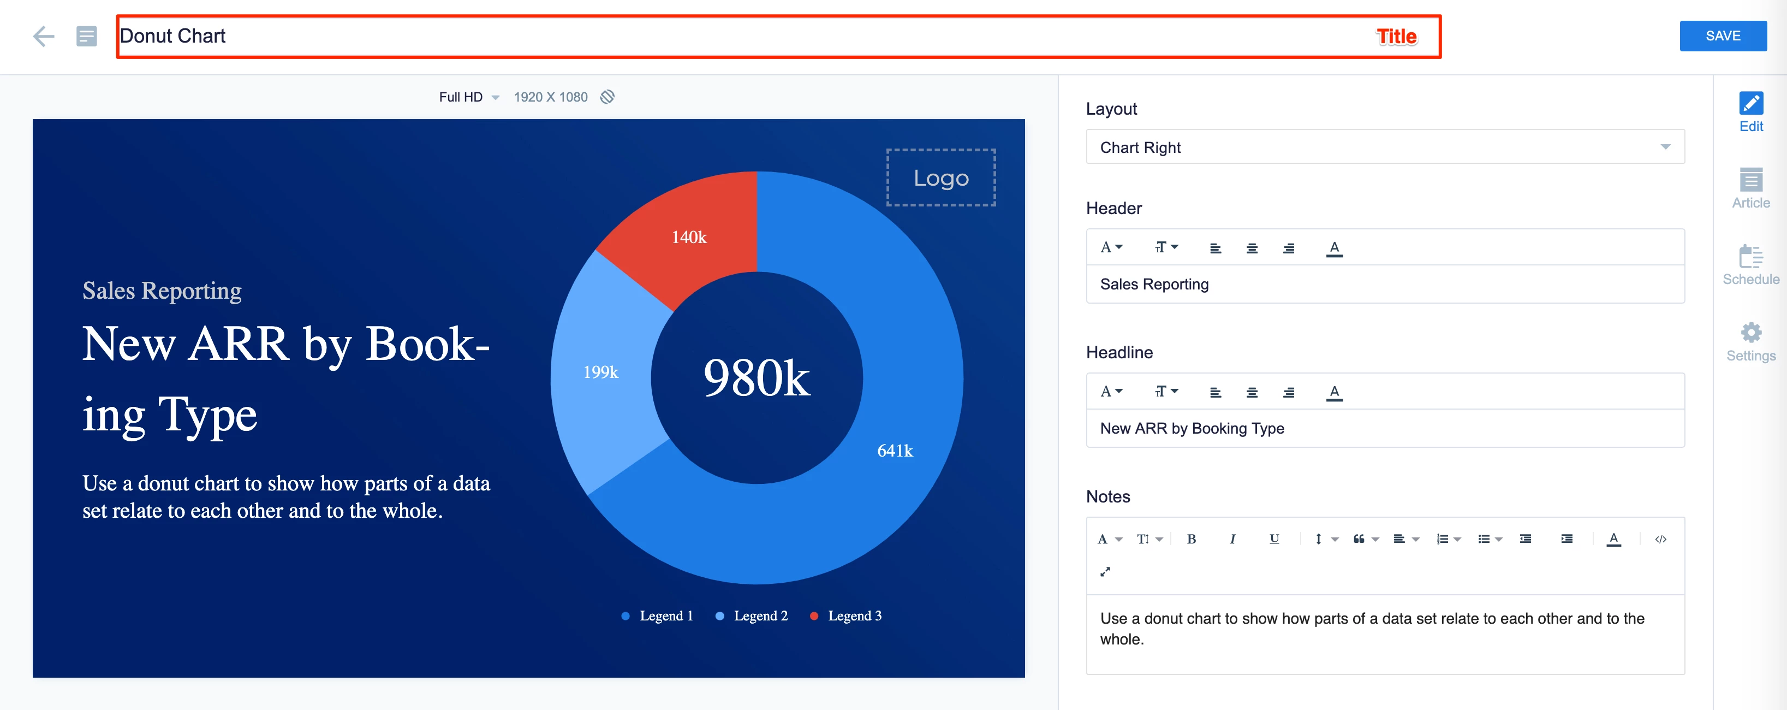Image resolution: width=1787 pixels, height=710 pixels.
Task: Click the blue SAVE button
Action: [x=1723, y=36]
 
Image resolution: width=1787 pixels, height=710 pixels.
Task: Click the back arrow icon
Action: [x=44, y=36]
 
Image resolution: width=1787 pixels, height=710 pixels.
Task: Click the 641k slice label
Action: [x=894, y=451]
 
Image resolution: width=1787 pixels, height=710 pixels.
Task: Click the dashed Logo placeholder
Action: [x=940, y=177]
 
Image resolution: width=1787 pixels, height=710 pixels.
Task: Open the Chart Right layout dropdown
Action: [x=1385, y=147]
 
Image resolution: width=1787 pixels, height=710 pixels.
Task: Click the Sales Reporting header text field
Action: [x=1385, y=285]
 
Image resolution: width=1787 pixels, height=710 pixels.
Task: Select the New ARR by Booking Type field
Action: [x=1385, y=429]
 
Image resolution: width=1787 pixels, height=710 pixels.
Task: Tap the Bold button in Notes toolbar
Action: [x=1191, y=539]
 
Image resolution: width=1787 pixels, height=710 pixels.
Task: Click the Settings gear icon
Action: [x=1751, y=333]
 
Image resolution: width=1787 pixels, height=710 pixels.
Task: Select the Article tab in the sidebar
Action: [x=1750, y=188]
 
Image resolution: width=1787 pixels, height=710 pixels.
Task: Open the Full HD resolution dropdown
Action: [x=468, y=97]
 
